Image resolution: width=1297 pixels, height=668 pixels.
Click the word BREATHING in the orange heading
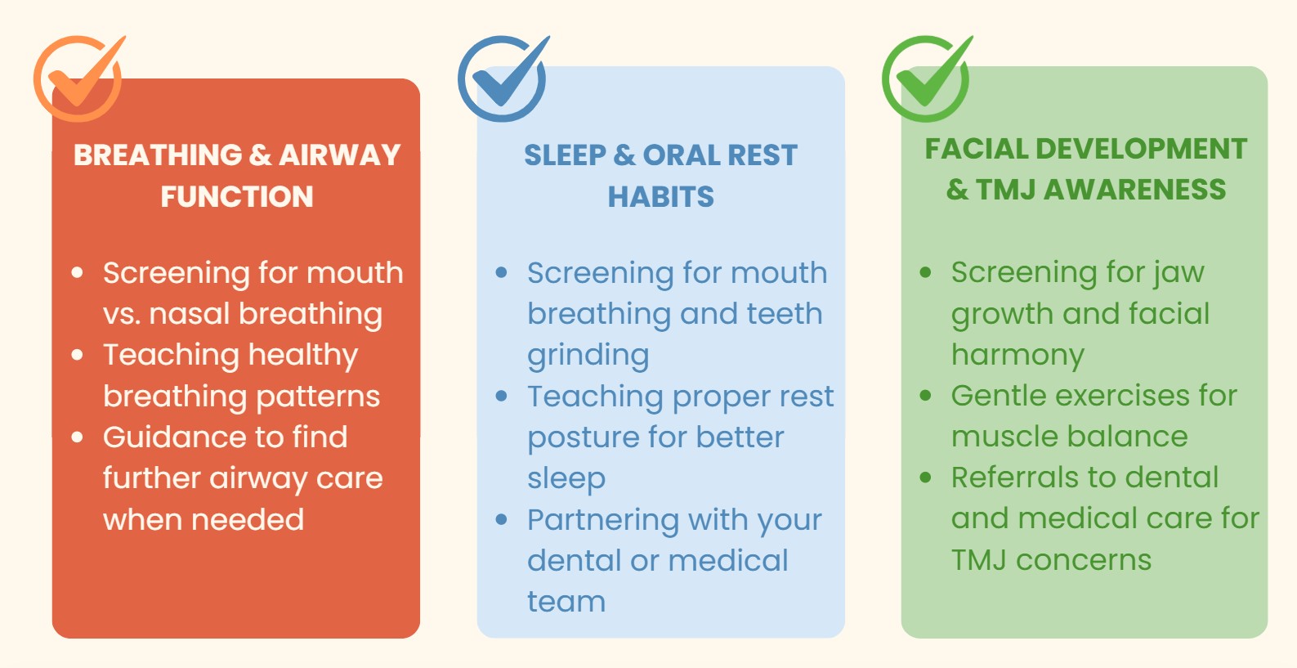click(158, 155)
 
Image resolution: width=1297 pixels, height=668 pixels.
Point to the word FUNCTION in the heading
click(237, 196)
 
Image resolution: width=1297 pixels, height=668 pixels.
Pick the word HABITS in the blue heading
click(660, 196)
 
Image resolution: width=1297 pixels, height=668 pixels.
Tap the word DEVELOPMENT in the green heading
click(1141, 149)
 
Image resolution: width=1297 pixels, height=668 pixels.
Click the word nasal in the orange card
click(190, 313)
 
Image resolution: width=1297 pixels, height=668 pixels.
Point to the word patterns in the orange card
click(318, 397)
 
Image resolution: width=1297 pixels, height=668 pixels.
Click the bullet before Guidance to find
click(77, 437)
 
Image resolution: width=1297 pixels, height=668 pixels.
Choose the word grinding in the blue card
click(588, 356)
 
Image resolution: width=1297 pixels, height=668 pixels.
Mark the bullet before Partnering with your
click(502, 520)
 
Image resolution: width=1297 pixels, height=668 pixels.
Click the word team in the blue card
click(566, 602)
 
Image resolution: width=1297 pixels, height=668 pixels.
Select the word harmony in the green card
click(1018, 355)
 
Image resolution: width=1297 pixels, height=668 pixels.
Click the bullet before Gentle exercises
click(925, 396)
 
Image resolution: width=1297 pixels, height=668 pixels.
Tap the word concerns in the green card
click(1084, 561)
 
